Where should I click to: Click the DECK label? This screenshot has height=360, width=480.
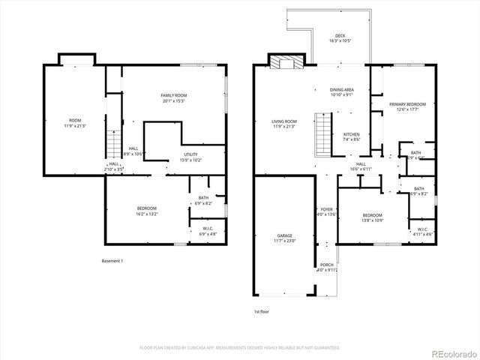[x=340, y=35]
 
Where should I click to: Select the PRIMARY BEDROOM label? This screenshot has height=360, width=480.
[x=407, y=104]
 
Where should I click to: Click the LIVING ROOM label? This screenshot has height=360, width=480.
[x=284, y=121]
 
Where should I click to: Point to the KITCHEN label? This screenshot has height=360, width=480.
[x=351, y=134]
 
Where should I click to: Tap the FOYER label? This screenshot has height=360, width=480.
[x=326, y=209]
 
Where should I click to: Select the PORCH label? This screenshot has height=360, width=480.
[x=326, y=265]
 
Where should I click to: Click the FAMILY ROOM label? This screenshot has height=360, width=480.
[x=173, y=95]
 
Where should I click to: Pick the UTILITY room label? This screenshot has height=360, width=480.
[x=190, y=154]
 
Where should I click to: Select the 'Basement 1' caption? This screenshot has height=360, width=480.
[x=112, y=260]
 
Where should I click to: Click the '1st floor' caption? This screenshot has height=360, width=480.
[x=262, y=310]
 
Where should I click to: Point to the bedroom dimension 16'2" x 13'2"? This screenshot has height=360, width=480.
[x=146, y=213]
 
